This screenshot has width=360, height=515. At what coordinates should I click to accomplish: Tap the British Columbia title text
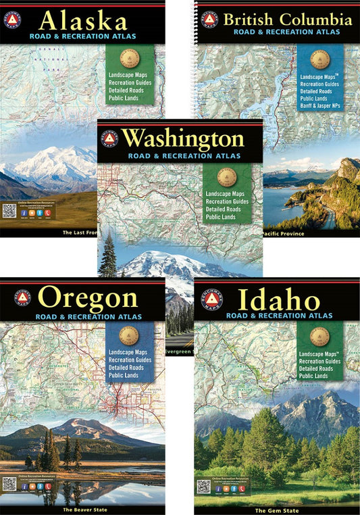pyautogui.click(x=288, y=20)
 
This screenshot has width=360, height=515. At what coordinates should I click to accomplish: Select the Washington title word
pyautogui.click(x=192, y=139)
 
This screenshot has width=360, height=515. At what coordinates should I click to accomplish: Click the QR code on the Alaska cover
pyautogui.click(x=9, y=210)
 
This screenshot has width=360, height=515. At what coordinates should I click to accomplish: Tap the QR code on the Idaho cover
pyautogui.click(x=203, y=486)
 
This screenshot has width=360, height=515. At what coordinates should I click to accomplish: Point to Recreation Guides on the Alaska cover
pyautogui.click(x=128, y=80)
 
